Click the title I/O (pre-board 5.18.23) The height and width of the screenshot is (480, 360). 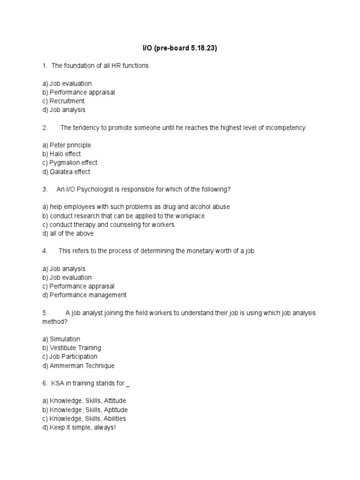[180, 48]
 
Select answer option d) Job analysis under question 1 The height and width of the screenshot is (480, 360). [64, 110]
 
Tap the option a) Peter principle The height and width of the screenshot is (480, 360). [67, 145]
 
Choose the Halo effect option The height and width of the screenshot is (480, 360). [61, 154]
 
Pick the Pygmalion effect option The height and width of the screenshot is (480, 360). [70, 163]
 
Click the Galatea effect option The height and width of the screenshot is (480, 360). [66, 172]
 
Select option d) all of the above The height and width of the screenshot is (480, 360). [68, 233]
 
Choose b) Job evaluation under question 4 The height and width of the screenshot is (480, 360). [67, 277]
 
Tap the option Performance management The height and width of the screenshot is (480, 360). [84, 295]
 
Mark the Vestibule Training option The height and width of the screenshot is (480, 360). [72, 348]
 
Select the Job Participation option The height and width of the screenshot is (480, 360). [70, 357]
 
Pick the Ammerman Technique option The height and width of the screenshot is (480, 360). [78, 366]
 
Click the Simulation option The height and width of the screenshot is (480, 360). [61, 339]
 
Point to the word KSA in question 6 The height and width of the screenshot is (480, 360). [57, 383]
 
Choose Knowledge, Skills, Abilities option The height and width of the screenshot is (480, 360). [84, 419]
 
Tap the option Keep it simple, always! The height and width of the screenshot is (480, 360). [79, 427]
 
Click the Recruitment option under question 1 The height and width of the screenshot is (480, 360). [63, 101]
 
